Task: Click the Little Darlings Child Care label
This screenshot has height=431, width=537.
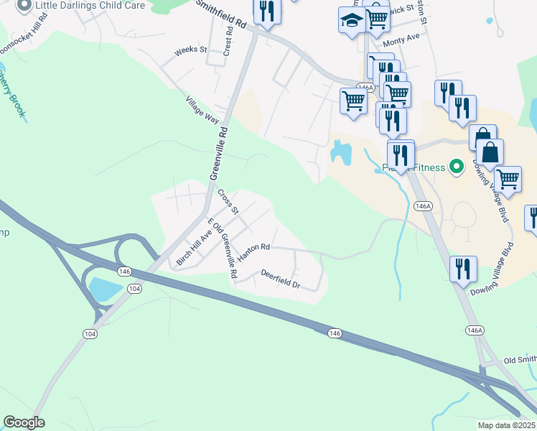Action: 90,6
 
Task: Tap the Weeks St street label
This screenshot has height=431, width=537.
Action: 190,50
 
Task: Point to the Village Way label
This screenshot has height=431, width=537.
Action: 202,110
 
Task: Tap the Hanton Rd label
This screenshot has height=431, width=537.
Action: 254,247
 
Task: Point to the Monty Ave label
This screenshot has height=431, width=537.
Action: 401,42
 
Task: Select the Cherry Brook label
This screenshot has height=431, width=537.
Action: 12,93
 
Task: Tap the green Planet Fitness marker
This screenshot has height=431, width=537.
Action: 454,168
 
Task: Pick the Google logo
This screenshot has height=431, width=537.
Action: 24,422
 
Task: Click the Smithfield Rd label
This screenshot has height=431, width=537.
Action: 222,13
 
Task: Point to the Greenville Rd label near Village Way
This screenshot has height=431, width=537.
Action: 219,154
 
